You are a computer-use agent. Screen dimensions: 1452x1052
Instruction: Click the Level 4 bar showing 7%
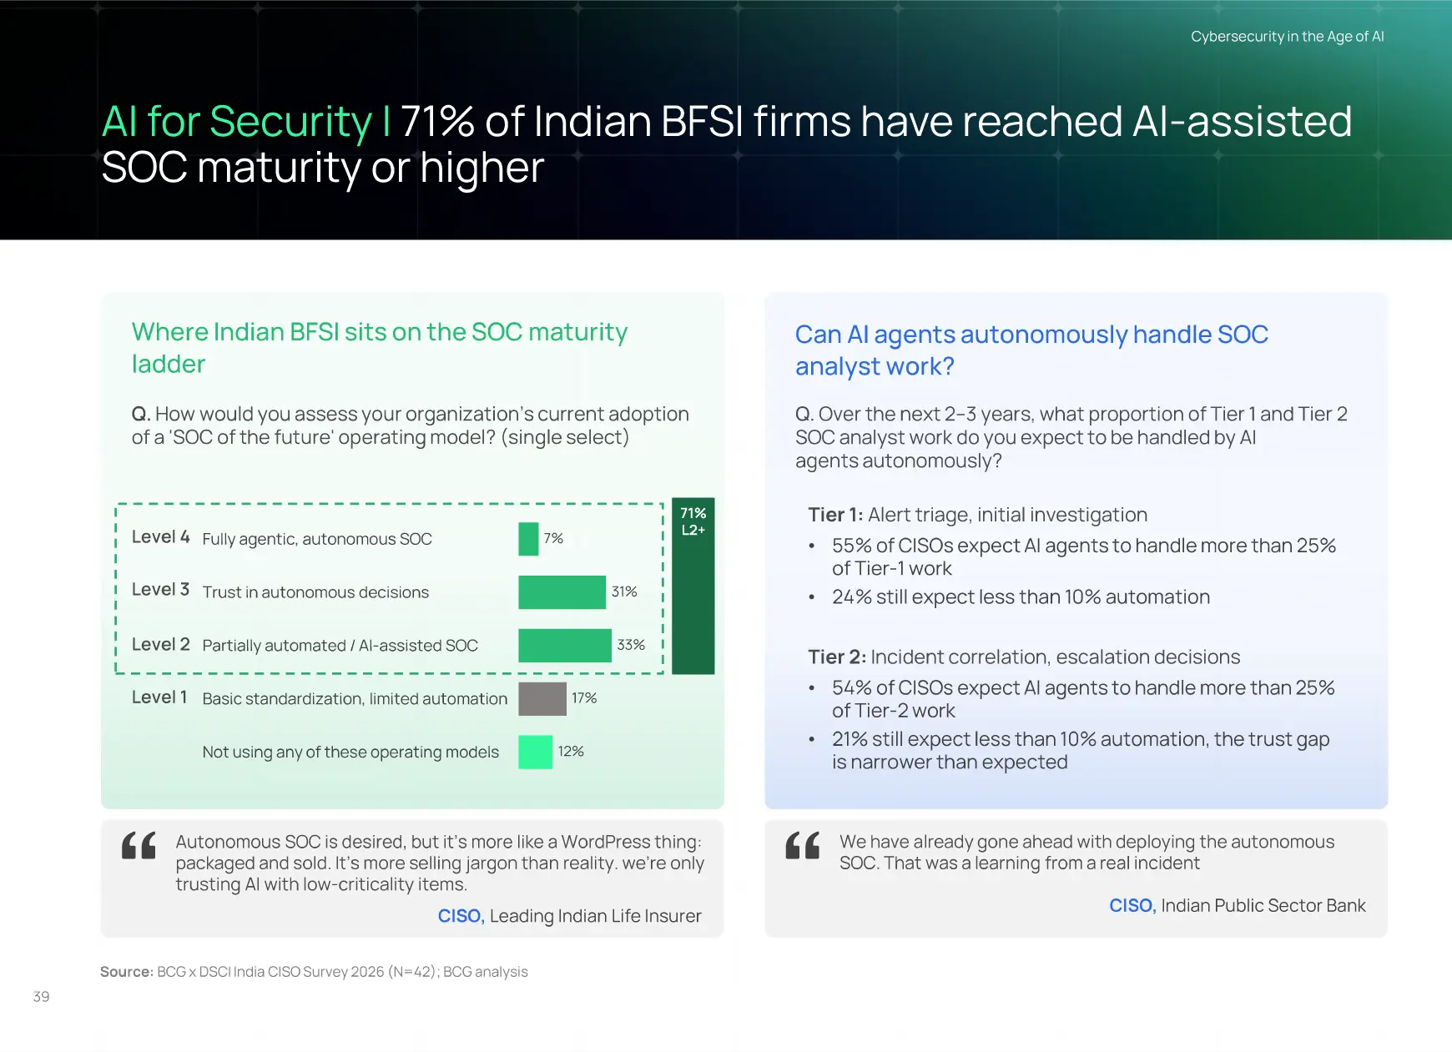[528, 539]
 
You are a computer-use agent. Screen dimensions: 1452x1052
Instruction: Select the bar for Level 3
[562, 592]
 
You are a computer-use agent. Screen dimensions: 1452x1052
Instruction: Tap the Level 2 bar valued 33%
[565, 646]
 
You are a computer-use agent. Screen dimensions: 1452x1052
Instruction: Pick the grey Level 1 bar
[542, 699]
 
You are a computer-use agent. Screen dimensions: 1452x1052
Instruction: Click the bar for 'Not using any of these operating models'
[535, 752]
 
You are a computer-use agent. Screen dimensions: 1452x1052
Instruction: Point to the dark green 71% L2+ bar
[693, 586]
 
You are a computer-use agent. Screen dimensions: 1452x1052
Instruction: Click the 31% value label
[624, 591]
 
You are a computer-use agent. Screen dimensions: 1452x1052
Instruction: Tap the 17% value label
[584, 697]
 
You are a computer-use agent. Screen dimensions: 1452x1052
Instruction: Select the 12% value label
[571, 751]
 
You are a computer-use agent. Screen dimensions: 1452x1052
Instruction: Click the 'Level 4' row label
[161, 536]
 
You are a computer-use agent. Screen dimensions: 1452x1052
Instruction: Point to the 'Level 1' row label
[159, 697]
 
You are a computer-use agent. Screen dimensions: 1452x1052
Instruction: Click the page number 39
[41, 996]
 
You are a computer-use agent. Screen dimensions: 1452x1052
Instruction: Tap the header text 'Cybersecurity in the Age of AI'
[1287, 37]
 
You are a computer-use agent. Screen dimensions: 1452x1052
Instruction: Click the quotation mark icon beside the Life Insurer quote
[139, 845]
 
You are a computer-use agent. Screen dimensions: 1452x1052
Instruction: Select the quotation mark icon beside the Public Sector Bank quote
[803, 845]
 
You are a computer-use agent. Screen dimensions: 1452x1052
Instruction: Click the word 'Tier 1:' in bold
[835, 515]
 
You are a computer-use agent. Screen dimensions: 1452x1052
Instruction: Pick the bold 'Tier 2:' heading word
[837, 657]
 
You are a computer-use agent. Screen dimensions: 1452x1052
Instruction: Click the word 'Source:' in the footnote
[127, 972]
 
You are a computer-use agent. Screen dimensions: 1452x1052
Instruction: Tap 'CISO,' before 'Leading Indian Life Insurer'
[461, 916]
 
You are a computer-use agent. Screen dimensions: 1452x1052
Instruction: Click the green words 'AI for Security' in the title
[237, 122]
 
